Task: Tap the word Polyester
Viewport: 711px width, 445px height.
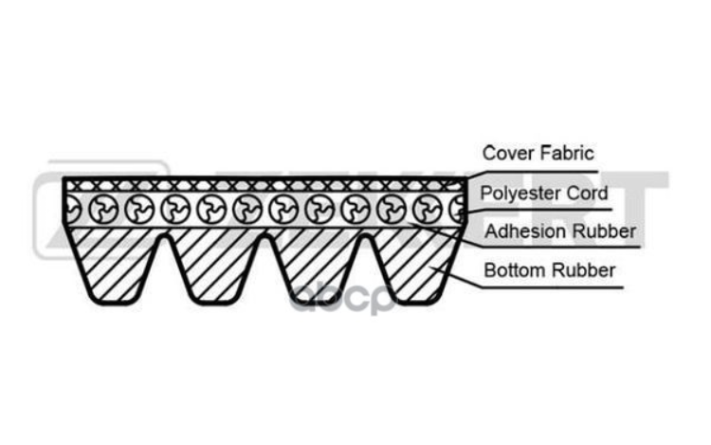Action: (521, 194)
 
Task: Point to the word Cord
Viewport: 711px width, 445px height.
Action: (587, 194)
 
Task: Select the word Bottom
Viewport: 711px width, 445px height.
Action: (515, 270)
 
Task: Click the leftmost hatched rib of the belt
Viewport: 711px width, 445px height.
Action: (114, 263)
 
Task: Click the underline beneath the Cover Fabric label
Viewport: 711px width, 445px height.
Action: (533, 173)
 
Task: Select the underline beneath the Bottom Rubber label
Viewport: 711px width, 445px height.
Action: (553, 287)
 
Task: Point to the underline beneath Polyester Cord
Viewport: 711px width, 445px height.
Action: (538, 210)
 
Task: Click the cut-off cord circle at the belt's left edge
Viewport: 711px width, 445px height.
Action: (72, 210)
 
